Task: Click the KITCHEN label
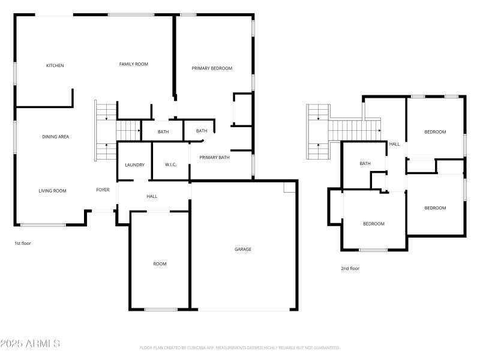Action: pos(55,65)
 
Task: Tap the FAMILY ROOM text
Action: pos(133,64)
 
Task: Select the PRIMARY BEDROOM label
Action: pos(212,68)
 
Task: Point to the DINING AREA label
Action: pos(55,137)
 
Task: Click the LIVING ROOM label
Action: pos(52,191)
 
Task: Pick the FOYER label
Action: pos(103,190)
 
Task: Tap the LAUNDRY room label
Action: pos(134,165)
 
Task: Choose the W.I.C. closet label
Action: pos(170,165)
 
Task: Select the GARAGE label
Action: pos(242,249)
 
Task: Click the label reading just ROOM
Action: pos(160,264)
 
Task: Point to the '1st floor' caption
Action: pos(23,244)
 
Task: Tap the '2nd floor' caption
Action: pos(350,268)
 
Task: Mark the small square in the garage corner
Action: pos(289,188)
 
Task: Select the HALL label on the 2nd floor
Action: pos(394,144)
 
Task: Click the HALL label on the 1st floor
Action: pos(152,196)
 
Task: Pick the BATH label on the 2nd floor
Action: pos(365,163)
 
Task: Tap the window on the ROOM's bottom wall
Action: pos(161,310)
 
